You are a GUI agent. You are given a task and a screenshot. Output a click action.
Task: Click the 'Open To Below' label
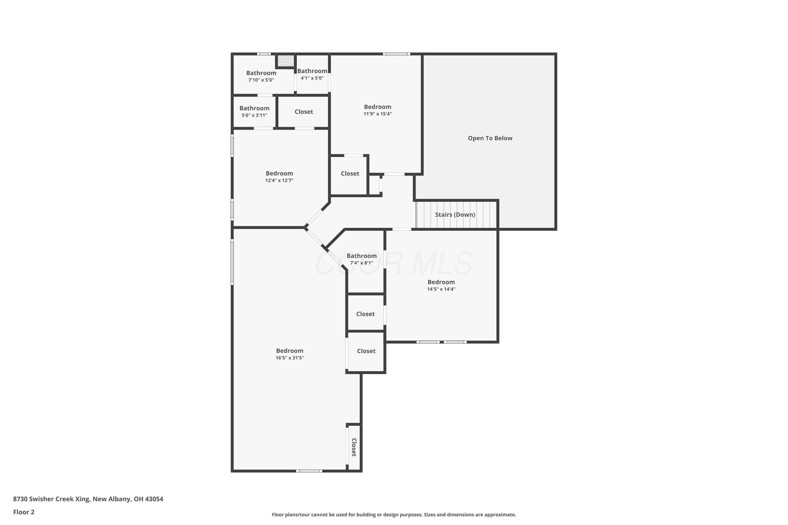tap(490, 138)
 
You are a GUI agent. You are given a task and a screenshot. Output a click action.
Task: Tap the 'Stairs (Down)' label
tap(455, 215)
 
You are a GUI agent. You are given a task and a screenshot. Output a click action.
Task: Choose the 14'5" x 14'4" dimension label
tap(441, 289)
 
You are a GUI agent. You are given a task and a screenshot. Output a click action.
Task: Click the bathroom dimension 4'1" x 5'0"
tap(312, 78)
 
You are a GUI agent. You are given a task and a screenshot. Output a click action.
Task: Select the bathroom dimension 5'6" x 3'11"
tap(254, 115)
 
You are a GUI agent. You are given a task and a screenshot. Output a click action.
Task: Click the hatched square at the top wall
tap(286, 61)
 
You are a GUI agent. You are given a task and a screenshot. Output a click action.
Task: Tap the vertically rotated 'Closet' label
tap(354, 447)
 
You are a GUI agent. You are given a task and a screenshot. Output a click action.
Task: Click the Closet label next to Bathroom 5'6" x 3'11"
tap(304, 112)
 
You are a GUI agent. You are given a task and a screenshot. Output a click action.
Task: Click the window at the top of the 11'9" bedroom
tap(396, 54)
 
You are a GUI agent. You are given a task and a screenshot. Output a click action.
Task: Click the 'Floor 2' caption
tap(24, 512)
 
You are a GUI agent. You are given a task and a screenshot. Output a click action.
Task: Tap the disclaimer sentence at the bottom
tap(394, 514)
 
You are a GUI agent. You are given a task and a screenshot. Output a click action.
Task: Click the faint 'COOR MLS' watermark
tap(394, 264)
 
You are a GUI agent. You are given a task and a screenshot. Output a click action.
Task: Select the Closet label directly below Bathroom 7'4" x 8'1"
tap(365, 314)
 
